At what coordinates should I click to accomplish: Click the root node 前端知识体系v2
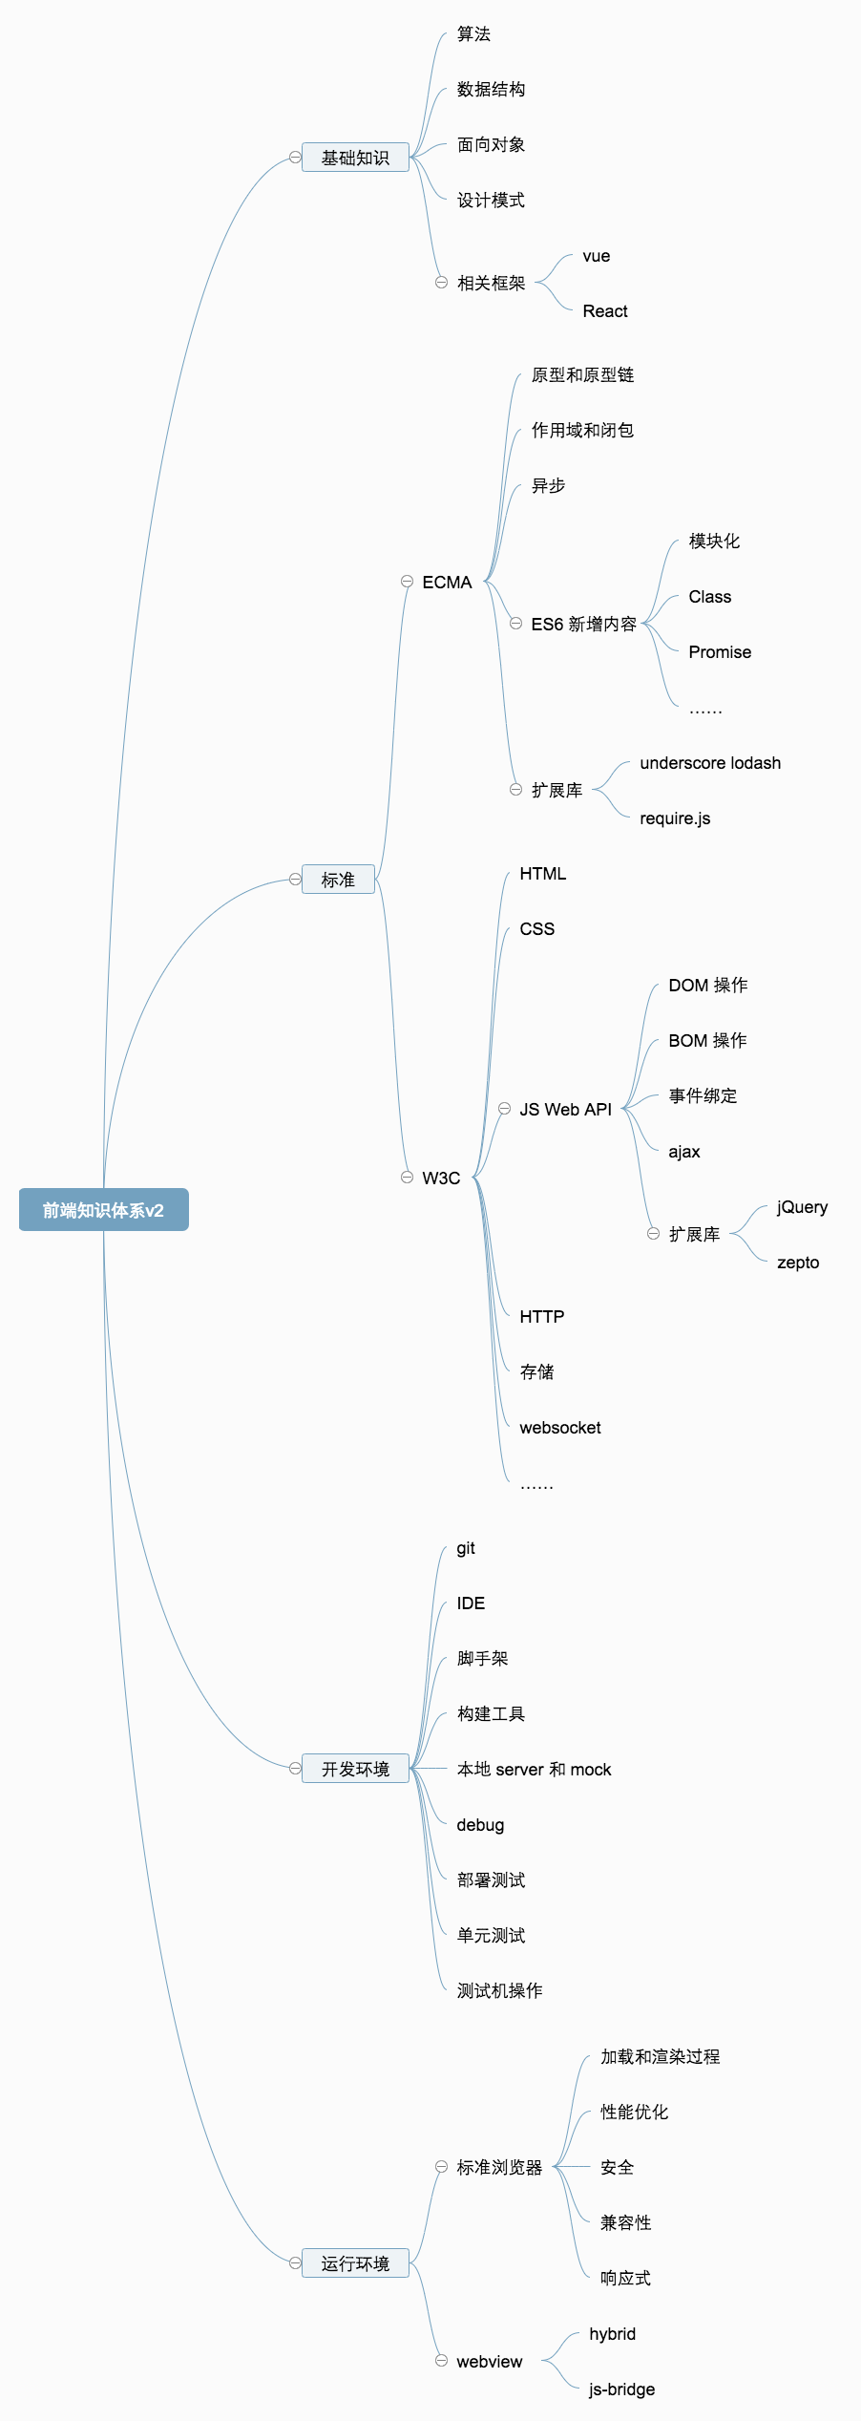point(103,1210)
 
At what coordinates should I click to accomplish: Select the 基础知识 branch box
point(355,158)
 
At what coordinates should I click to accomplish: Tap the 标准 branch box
point(338,880)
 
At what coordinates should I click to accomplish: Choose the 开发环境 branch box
point(355,1769)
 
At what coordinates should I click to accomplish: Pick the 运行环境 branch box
point(355,2263)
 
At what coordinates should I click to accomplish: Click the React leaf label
point(605,311)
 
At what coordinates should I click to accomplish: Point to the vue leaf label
point(597,256)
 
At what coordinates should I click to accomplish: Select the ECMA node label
point(447,583)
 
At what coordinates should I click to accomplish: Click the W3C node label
point(441,1179)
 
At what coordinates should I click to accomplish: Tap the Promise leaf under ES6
point(720,652)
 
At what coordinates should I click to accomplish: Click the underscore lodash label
point(710,763)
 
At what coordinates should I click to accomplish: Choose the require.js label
point(675,818)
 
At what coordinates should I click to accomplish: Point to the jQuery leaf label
point(802,1207)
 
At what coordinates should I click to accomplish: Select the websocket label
point(560,1428)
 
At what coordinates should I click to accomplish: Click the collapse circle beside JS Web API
point(504,1109)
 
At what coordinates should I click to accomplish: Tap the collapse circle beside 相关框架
point(441,283)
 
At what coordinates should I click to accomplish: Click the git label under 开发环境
point(466,1548)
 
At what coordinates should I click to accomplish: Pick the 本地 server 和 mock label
point(534,1770)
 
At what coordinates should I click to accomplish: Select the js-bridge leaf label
point(621,2389)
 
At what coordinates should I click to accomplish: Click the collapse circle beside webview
point(441,2361)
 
